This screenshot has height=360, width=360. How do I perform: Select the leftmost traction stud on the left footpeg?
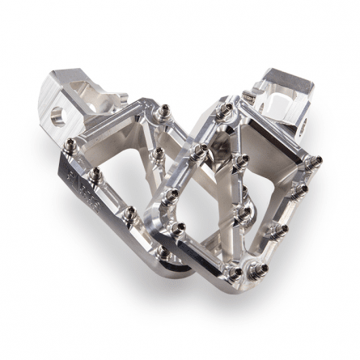click(70, 146)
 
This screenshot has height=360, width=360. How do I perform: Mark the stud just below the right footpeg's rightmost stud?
click(301, 188)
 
